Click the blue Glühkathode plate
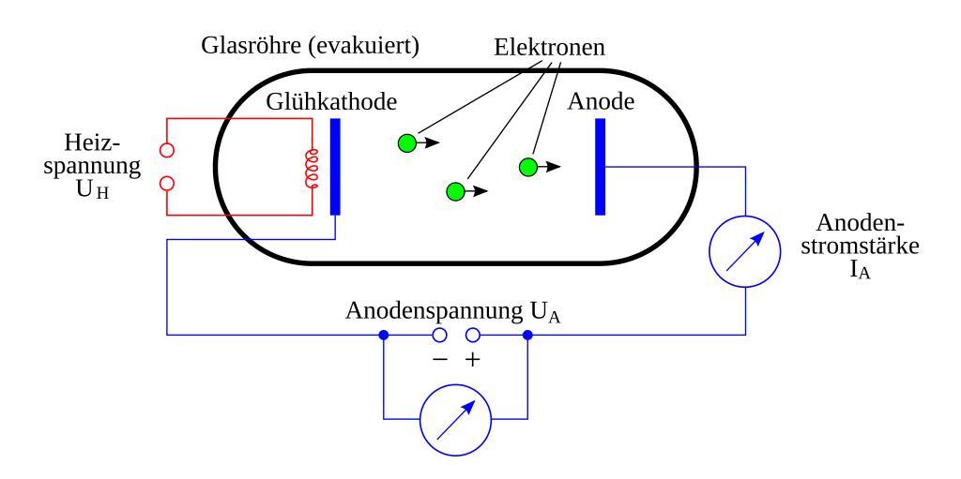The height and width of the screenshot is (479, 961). (335, 167)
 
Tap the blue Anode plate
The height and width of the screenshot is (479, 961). (600, 167)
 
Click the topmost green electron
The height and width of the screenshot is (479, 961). (406, 143)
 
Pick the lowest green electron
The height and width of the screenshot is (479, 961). (455, 192)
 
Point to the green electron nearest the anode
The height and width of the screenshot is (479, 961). (527, 167)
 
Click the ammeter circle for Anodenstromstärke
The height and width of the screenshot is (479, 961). (745, 252)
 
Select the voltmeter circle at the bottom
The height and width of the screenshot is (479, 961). (455, 416)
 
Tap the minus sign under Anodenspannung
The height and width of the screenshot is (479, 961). (437, 360)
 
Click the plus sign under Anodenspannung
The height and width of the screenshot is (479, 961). (473, 360)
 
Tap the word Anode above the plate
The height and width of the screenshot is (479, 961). (601, 102)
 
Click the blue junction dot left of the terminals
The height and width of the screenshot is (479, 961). (384, 335)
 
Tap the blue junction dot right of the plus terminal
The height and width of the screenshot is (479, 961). (527, 335)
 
